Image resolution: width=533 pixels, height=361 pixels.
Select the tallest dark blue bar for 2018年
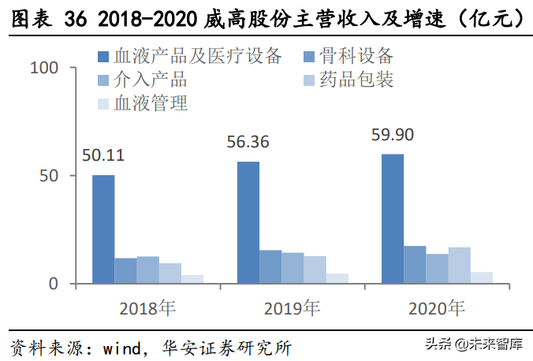point(103,229)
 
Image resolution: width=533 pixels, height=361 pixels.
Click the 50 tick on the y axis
point(50,176)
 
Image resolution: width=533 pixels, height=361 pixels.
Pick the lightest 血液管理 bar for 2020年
point(481,277)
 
